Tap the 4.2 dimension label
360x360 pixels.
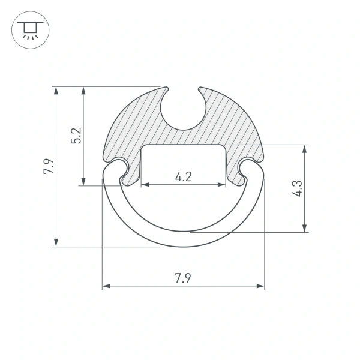pos(184,176)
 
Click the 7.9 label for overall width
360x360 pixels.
pos(184,278)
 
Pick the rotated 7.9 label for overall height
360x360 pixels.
pos(48,166)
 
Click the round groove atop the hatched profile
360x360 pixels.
pos(184,108)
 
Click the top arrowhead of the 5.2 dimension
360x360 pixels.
pos(84,91)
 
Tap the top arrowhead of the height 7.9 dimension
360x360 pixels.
pos(56,91)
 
